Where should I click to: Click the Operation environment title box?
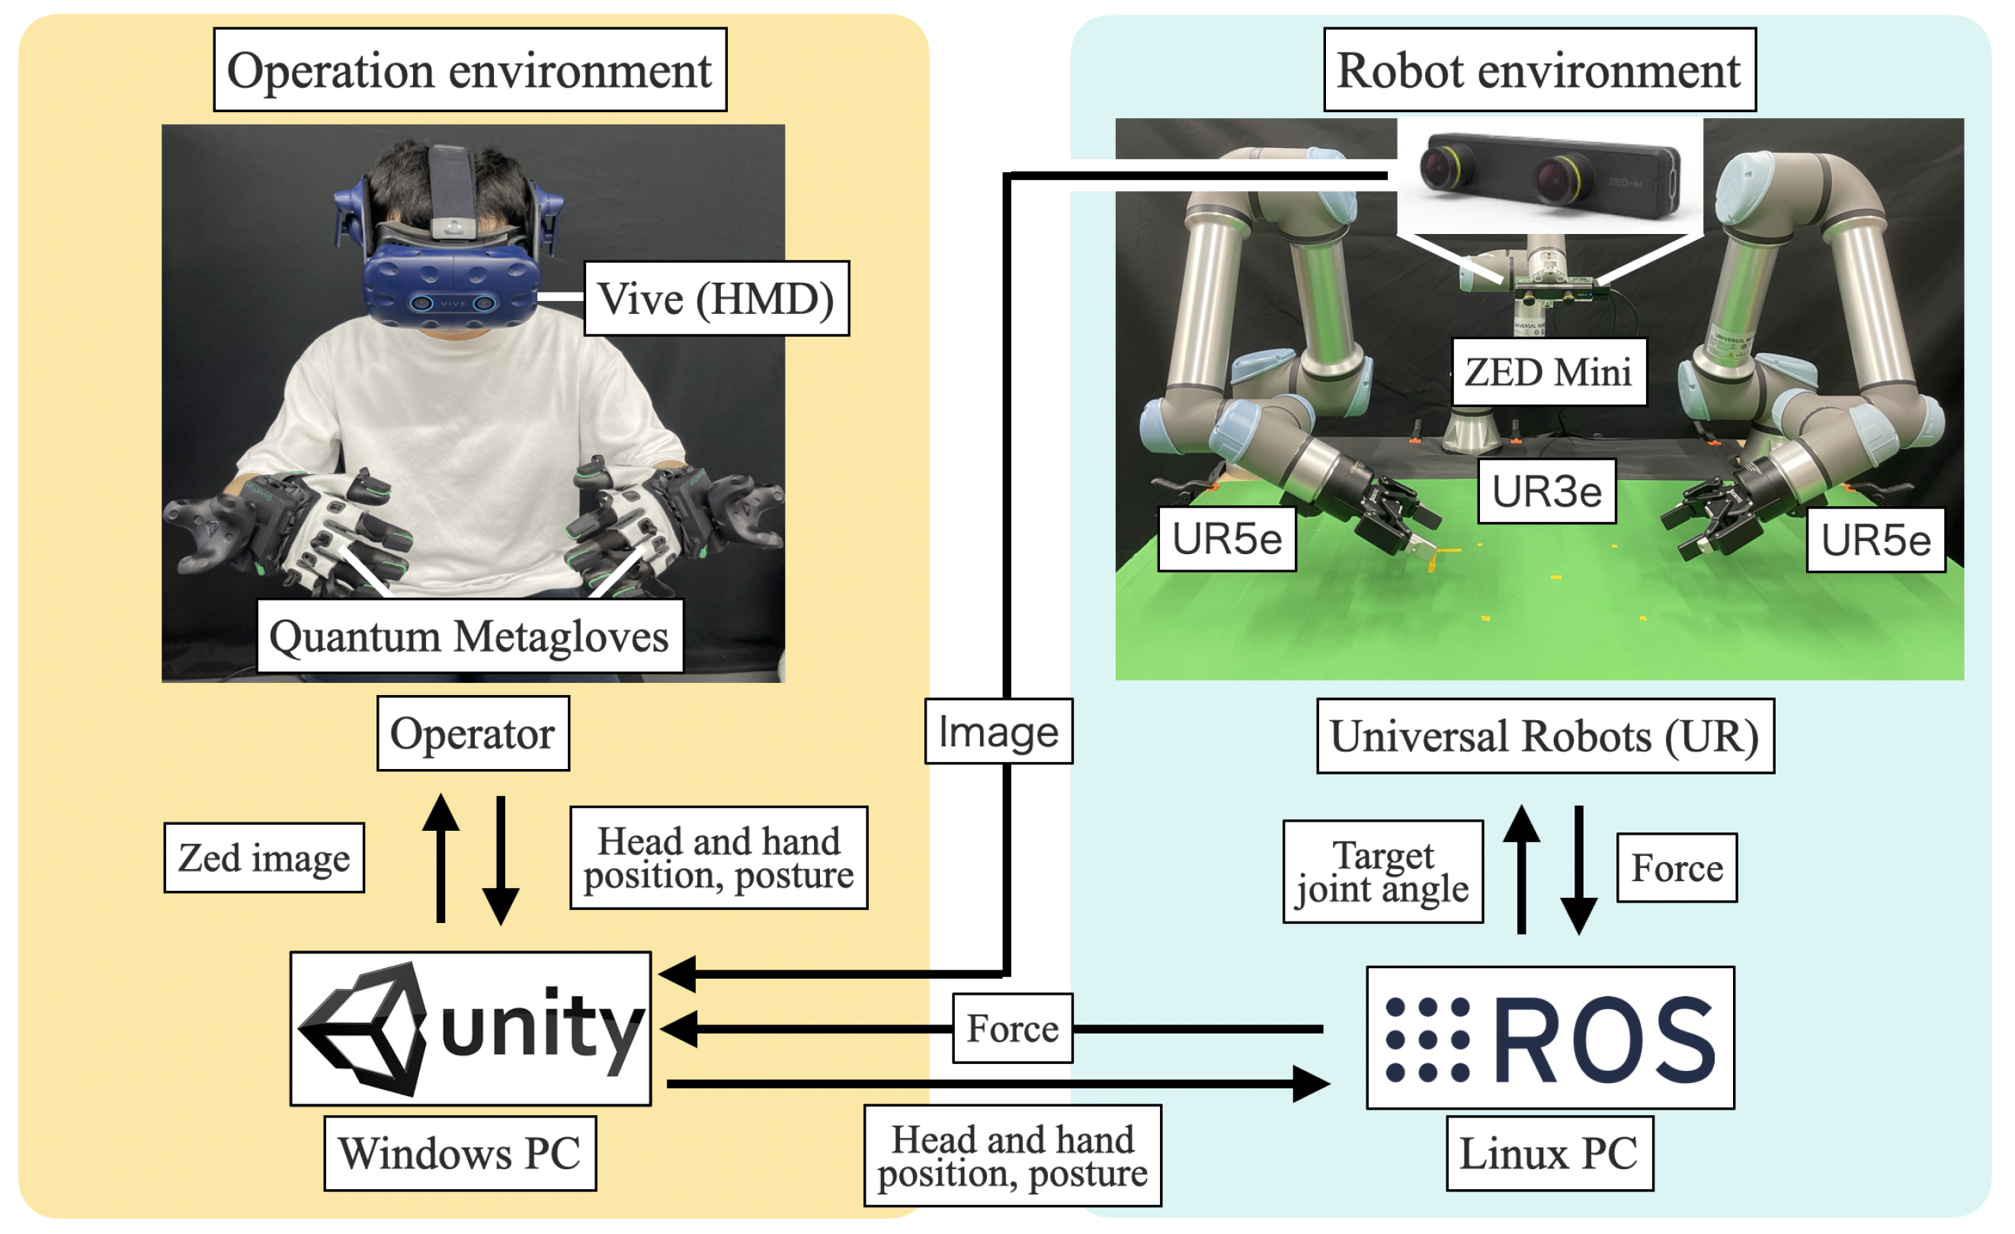tap(469, 69)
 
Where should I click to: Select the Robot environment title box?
tap(1539, 69)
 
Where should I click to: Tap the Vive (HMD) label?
tap(716, 299)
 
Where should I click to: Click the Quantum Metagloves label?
tap(469, 636)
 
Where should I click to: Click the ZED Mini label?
tap(1548, 372)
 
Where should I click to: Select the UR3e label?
tap(1546, 491)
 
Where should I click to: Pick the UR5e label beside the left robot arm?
tap(1226, 538)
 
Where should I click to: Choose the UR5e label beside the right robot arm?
tap(1876, 540)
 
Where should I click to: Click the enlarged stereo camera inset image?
tap(1549, 176)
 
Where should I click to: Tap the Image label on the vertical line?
tap(998, 731)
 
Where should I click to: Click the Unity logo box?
tap(470, 1028)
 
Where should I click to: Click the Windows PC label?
tap(460, 1153)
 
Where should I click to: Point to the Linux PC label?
tap(1549, 1153)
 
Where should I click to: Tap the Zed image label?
tap(264, 857)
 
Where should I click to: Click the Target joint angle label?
tap(1382, 872)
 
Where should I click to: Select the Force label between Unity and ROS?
tap(1012, 1028)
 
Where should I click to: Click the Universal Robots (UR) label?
tap(1545, 736)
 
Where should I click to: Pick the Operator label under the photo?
tap(473, 732)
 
